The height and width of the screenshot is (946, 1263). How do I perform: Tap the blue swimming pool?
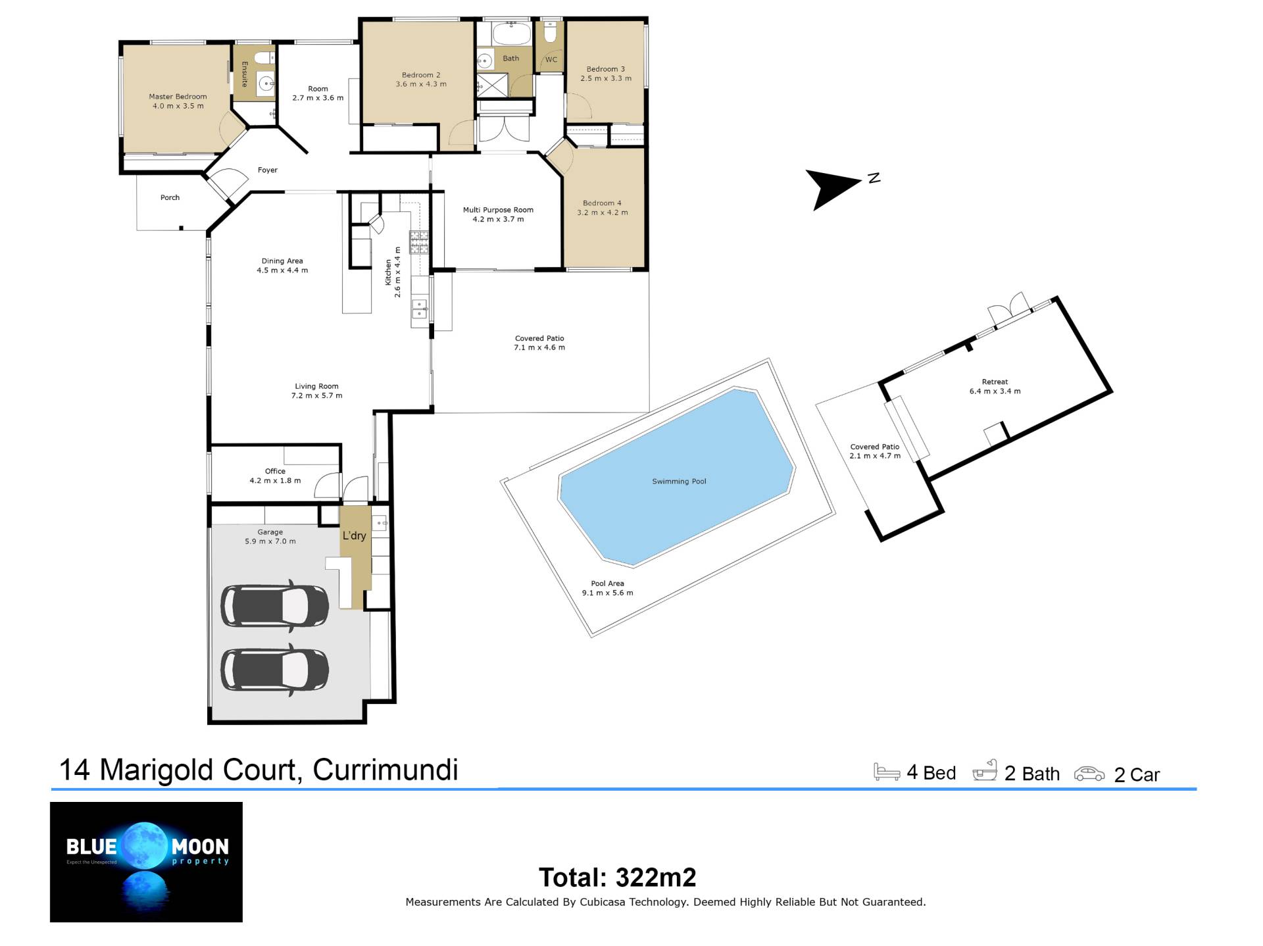click(x=678, y=477)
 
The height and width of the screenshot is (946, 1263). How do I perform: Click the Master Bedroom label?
click(x=178, y=97)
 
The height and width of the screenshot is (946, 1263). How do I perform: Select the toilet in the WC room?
click(x=551, y=32)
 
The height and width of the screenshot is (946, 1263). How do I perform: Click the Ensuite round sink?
click(x=266, y=84)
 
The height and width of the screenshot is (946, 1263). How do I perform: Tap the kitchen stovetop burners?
click(x=419, y=242)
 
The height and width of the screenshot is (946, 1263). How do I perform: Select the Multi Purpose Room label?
click(x=498, y=210)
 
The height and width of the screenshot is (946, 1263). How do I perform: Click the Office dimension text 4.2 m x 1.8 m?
click(x=275, y=481)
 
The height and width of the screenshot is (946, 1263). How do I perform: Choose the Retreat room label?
click(x=995, y=382)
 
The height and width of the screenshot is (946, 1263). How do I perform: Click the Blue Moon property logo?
click(x=146, y=862)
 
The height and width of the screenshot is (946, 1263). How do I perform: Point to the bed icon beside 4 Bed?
click(x=887, y=772)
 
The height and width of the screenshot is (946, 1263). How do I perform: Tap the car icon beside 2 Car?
click(x=1089, y=774)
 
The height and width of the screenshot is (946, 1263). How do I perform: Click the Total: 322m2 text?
click(x=617, y=877)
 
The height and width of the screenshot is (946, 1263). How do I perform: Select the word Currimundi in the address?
click(x=385, y=770)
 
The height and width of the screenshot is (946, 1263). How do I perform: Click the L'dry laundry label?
click(x=354, y=535)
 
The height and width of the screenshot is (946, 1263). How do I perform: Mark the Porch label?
click(x=170, y=197)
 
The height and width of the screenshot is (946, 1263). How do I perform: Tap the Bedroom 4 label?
click(x=602, y=203)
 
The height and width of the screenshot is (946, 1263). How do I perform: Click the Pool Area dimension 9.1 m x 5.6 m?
click(x=607, y=593)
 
